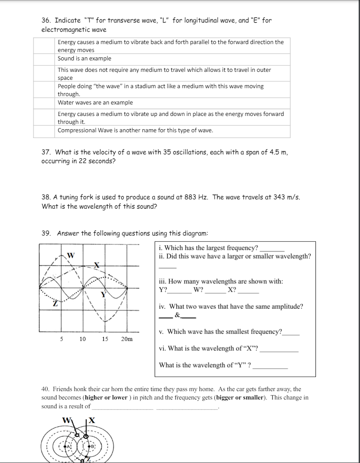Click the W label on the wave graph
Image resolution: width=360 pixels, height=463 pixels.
pyautogui.click(x=71, y=255)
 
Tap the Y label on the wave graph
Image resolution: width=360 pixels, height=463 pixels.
pyautogui.click(x=103, y=295)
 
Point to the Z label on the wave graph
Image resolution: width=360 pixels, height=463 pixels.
pyautogui.click(x=55, y=303)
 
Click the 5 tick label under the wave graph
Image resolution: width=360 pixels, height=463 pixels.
pyautogui.click(x=61, y=339)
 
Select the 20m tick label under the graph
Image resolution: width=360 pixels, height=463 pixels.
pyautogui.click(x=126, y=339)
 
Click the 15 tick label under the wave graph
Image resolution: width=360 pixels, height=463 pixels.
pyautogui.click(x=105, y=339)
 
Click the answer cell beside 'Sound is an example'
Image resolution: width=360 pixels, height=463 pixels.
pyautogui.click(x=45, y=59)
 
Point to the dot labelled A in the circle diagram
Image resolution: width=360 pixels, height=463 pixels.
pyautogui.click(x=68, y=446)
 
